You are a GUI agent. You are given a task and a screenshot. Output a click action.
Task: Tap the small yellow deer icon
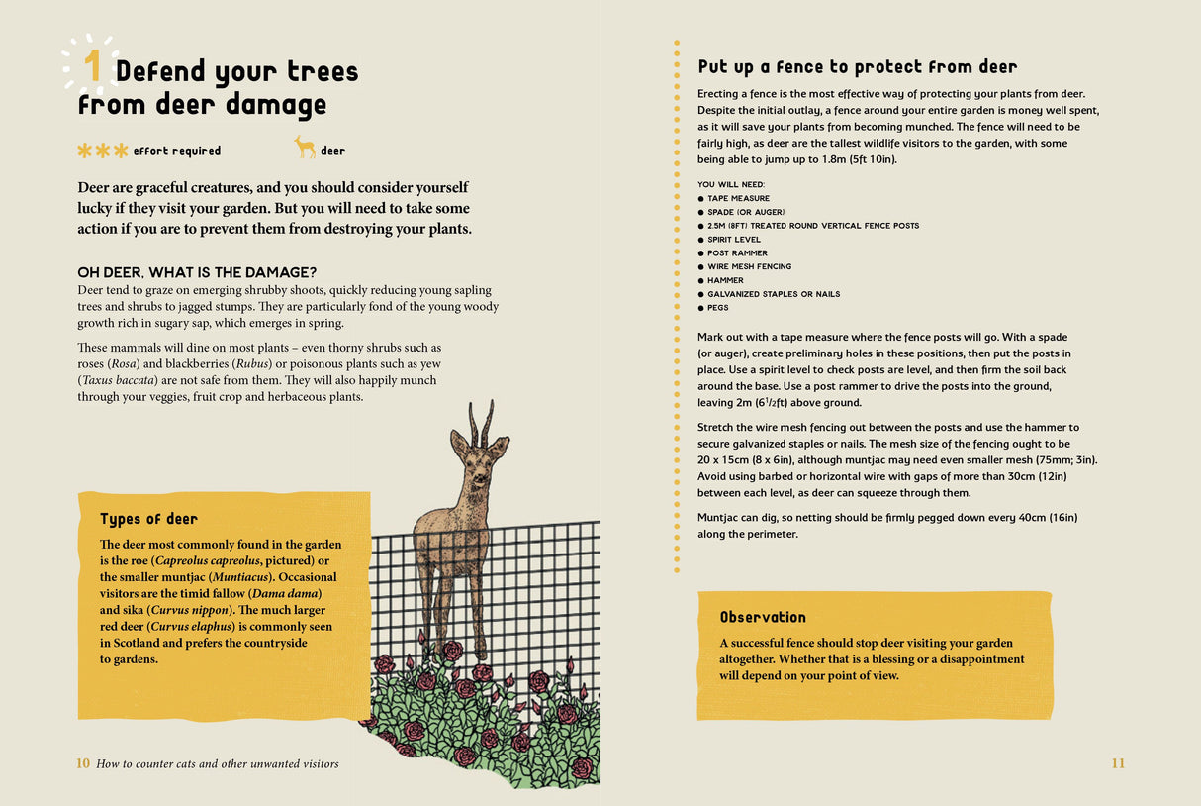tap(305, 148)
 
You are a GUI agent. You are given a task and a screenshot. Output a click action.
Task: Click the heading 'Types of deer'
tap(148, 519)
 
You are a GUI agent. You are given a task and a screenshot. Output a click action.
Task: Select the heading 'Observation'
tap(763, 617)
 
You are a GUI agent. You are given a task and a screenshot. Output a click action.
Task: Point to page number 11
tap(1118, 763)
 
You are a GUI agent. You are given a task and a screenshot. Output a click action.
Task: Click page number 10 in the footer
tap(83, 763)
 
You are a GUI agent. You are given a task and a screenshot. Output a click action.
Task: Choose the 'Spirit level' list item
tap(733, 240)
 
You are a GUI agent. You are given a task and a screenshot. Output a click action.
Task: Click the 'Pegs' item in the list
tap(717, 308)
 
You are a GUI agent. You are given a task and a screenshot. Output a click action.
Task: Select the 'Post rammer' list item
tap(737, 253)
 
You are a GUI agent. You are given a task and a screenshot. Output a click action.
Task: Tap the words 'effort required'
tap(177, 151)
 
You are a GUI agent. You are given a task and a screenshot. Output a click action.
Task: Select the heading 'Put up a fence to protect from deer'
tap(857, 67)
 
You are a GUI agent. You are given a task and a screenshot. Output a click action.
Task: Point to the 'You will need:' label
tap(730, 185)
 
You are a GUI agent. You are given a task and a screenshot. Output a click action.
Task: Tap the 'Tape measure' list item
tap(738, 198)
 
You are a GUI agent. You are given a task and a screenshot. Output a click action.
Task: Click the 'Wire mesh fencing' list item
tap(749, 266)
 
